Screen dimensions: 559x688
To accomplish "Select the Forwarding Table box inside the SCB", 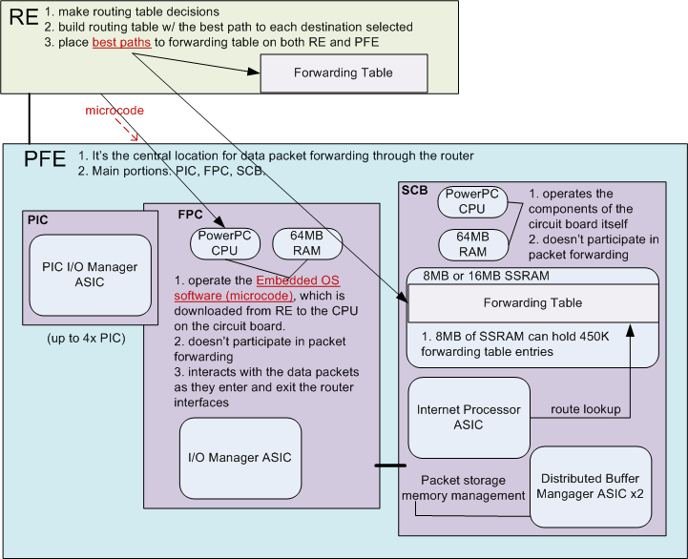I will click(532, 302).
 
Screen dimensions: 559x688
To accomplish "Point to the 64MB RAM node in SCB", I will click(470, 244).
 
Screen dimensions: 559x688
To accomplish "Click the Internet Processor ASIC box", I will click(469, 417).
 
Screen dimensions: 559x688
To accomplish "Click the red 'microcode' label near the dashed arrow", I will click(115, 111).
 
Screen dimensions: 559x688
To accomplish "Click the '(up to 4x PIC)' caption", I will click(87, 337).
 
